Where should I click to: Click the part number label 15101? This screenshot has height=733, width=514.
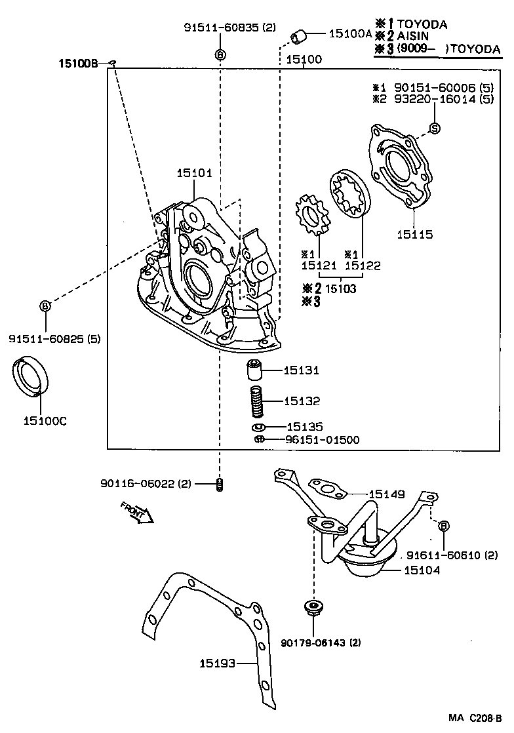(x=194, y=173)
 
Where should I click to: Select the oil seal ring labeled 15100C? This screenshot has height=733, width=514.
(x=31, y=376)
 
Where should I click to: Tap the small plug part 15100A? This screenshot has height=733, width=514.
(x=300, y=37)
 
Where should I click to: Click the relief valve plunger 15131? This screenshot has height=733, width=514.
(x=254, y=370)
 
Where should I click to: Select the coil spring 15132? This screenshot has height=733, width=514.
(x=256, y=401)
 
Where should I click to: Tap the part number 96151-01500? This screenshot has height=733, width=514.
(x=322, y=440)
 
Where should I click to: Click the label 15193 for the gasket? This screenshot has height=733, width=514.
(x=217, y=664)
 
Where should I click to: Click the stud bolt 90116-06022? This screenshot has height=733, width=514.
(x=220, y=485)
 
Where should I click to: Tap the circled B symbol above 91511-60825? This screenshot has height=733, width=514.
(x=46, y=306)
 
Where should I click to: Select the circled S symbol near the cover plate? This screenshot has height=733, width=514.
(x=434, y=127)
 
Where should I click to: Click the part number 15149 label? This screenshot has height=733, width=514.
(x=387, y=494)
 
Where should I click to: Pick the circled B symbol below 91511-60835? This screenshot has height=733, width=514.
(x=220, y=54)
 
